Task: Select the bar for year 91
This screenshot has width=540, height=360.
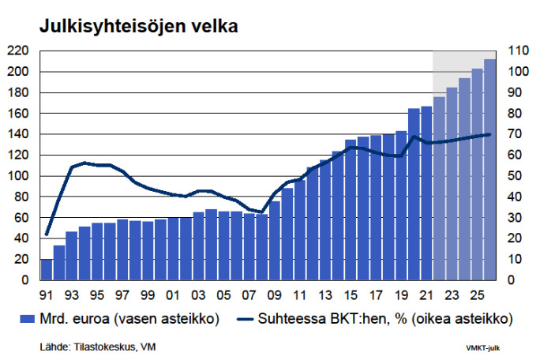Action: pos(47,269)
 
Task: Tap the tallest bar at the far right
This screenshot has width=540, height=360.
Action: pos(489,170)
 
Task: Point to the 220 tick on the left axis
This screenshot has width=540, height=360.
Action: pos(18,51)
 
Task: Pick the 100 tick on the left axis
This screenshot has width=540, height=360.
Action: pos(18,176)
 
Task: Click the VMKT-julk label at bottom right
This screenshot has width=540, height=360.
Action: pos(483,347)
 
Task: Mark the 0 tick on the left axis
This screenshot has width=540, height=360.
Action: pos(24,280)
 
